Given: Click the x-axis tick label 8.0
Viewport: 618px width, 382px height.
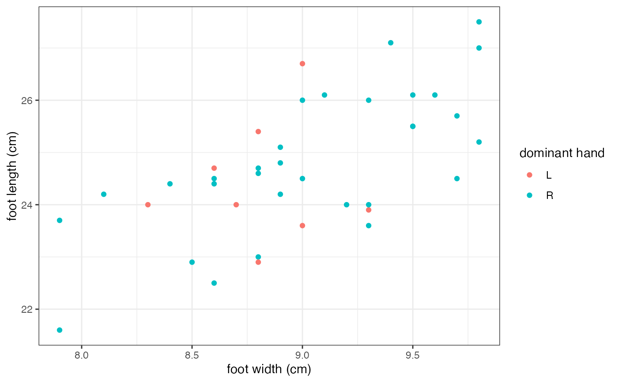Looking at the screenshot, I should pyautogui.click(x=82, y=355).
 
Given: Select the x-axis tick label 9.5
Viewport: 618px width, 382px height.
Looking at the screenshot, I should pyautogui.click(x=413, y=355).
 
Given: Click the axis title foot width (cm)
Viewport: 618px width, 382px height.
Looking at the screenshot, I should pyautogui.click(x=269, y=369).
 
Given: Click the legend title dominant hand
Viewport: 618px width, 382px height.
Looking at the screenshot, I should pyautogui.click(x=561, y=153).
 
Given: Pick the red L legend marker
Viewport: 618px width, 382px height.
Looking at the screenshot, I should pyautogui.click(x=530, y=175).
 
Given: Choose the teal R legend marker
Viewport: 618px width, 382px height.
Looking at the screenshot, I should pyautogui.click(x=530, y=195).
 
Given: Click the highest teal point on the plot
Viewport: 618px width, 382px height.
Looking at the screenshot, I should pyautogui.click(x=479, y=22).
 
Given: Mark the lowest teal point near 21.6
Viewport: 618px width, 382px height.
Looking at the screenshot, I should pyautogui.click(x=60, y=330).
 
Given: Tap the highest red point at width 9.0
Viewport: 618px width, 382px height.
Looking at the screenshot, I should pyautogui.click(x=302, y=64).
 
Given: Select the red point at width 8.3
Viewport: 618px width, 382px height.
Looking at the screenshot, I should pyautogui.click(x=148, y=205).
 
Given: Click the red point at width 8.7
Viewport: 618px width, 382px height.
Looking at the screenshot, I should pyautogui.click(x=236, y=205).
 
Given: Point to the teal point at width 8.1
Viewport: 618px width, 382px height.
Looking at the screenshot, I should pyautogui.click(x=104, y=194).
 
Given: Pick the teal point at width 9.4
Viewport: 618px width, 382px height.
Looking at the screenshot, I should pyautogui.click(x=391, y=43).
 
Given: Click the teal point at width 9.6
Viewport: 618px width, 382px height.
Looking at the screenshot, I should pyautogui.click(x=435, y=95).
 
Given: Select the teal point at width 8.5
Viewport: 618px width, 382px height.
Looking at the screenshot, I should pyautogui.click(x=192, y=262).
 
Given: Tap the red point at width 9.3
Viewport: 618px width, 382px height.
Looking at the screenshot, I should pyautogui.click(x=369, y=210).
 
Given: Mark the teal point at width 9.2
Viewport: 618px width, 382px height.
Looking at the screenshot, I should pyautogui.click(x=347, y=205).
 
